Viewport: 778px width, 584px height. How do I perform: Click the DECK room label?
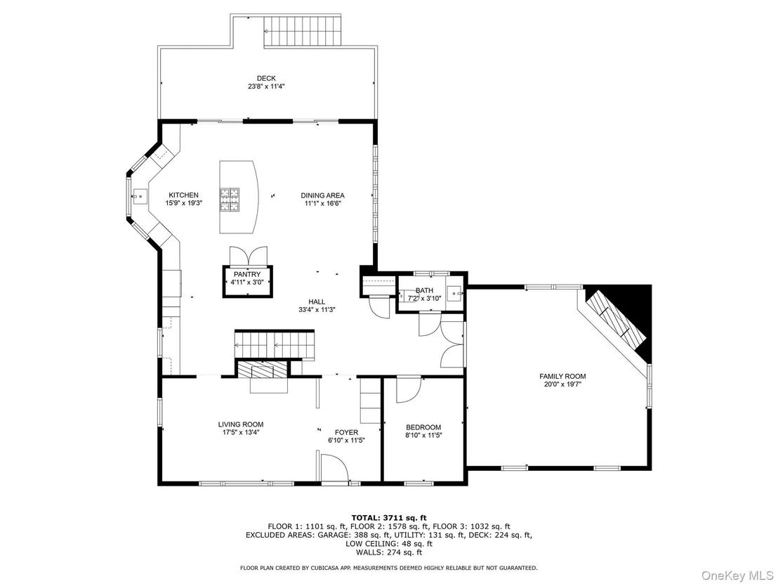[266, 78]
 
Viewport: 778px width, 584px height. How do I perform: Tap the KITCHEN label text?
[183, 195]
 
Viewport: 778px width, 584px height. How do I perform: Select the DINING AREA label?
[322, 195]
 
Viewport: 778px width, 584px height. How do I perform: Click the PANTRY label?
[247, 274]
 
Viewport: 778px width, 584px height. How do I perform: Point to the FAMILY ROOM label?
[562, 377]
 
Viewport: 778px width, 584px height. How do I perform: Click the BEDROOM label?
[423, 427]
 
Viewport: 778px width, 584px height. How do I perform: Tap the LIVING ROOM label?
[241, 424]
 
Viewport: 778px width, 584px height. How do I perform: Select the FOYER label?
[346, 432]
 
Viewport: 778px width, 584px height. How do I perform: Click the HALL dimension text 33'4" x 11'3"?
[317, 309]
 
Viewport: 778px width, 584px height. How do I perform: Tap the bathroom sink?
[454, 294]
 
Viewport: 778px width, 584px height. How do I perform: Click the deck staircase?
[302, 31]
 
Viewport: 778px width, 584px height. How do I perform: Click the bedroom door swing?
[409, 390]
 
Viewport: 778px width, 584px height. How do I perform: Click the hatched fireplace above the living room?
[262, 370]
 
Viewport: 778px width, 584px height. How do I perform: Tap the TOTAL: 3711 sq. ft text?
[389, 518]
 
